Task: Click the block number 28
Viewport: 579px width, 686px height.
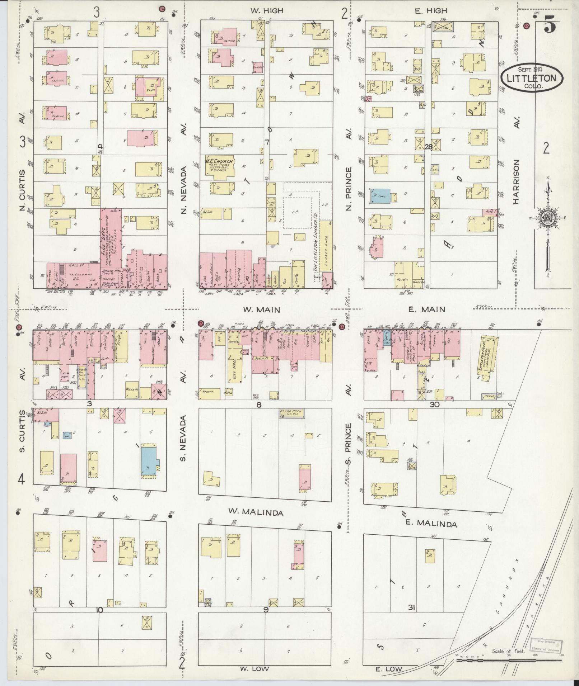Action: click(428, 147)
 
